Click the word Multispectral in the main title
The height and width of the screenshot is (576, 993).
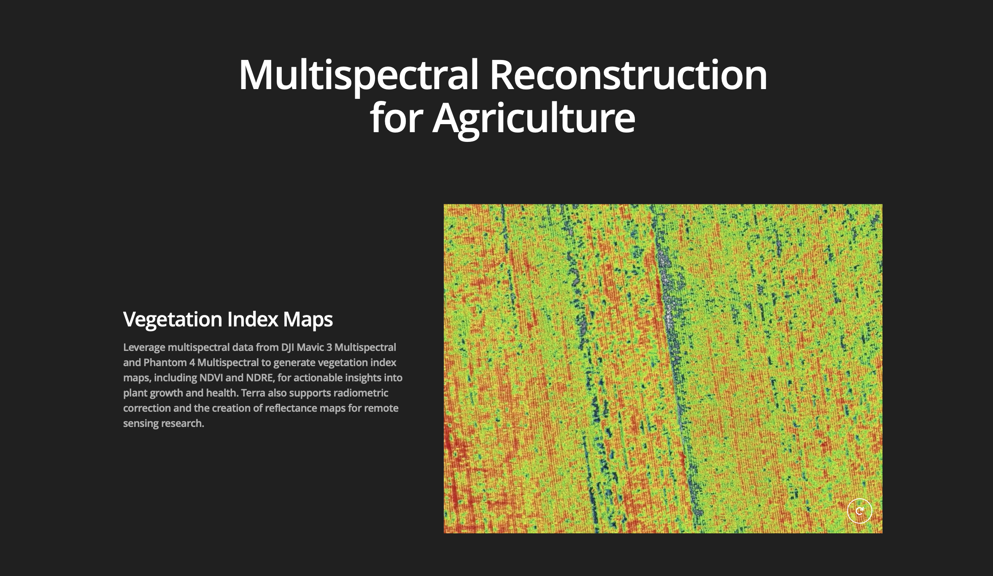(359, 75)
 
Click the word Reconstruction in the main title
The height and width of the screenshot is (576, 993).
(628, 75)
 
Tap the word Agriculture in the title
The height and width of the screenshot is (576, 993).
(534, 118)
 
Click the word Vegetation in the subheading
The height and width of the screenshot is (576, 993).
(173, 320)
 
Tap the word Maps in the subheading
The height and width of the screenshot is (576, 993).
(308, 320)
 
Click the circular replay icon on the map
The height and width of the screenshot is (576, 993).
(859, 511)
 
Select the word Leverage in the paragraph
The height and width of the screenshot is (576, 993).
(144, 348)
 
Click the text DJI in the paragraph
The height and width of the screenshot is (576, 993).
(287, 348)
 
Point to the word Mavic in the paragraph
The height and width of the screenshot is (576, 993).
(310, 347)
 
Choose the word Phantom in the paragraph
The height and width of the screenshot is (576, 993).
(165, 362)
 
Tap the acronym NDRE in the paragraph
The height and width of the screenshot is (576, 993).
(260, 378)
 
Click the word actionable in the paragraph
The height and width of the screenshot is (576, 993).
(317, 378)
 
